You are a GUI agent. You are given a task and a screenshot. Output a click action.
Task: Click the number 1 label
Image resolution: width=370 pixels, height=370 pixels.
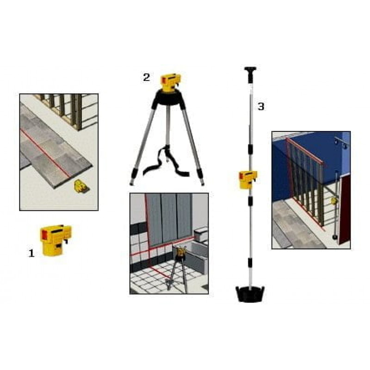[31, 253]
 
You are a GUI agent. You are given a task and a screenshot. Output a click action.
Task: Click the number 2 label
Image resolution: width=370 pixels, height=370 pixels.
[146, 77]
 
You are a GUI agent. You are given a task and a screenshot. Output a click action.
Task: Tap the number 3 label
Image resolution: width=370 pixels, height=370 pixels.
[261, 106]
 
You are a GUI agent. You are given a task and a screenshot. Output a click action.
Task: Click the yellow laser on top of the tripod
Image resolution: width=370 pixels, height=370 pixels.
[171, 83]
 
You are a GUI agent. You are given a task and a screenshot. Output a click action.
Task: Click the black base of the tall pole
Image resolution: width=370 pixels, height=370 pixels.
[250, 294]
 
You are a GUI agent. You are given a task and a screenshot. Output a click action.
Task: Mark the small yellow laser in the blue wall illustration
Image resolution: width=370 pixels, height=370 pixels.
[333, 201]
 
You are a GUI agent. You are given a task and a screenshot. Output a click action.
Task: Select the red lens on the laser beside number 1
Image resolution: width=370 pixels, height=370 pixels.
[44, 234]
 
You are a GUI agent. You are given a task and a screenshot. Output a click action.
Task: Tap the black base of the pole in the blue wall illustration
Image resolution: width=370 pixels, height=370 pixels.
[334, 237]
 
